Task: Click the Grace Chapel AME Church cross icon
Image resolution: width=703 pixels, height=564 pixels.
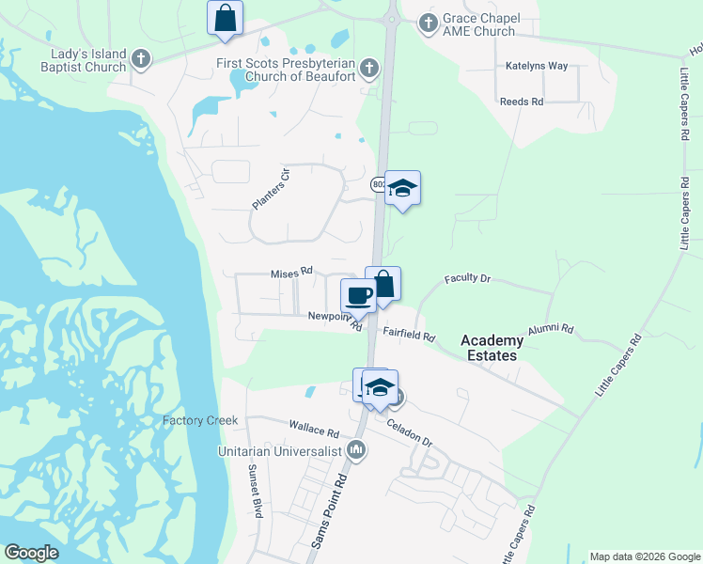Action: [x=428, y=22]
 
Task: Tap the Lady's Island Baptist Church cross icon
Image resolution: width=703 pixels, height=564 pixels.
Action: [x=141, y=59]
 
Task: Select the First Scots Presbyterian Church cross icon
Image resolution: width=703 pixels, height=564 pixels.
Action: [x=369, y=68]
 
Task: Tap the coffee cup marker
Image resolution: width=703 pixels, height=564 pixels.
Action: [x=358, y=296]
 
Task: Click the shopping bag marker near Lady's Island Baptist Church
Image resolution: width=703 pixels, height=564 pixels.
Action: [x=226, y=18]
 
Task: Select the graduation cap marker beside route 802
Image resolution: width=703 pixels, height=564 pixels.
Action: [x=402, y=188]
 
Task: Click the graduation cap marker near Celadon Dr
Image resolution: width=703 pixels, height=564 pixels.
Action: [x=381, y=387]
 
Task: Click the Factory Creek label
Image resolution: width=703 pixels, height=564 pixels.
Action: [x=200, y=420]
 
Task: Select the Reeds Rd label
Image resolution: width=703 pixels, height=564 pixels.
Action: [x=522, y=102]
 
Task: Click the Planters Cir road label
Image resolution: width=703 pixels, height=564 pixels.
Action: [x=268, y=190]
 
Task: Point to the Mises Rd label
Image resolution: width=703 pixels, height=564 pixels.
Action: [x=291, y=273]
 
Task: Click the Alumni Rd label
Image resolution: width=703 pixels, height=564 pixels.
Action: [x=550, y=328]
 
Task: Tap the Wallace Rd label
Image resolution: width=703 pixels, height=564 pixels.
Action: [x=314, y=431]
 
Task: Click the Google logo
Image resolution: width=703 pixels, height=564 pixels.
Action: [x=31, y=553]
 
